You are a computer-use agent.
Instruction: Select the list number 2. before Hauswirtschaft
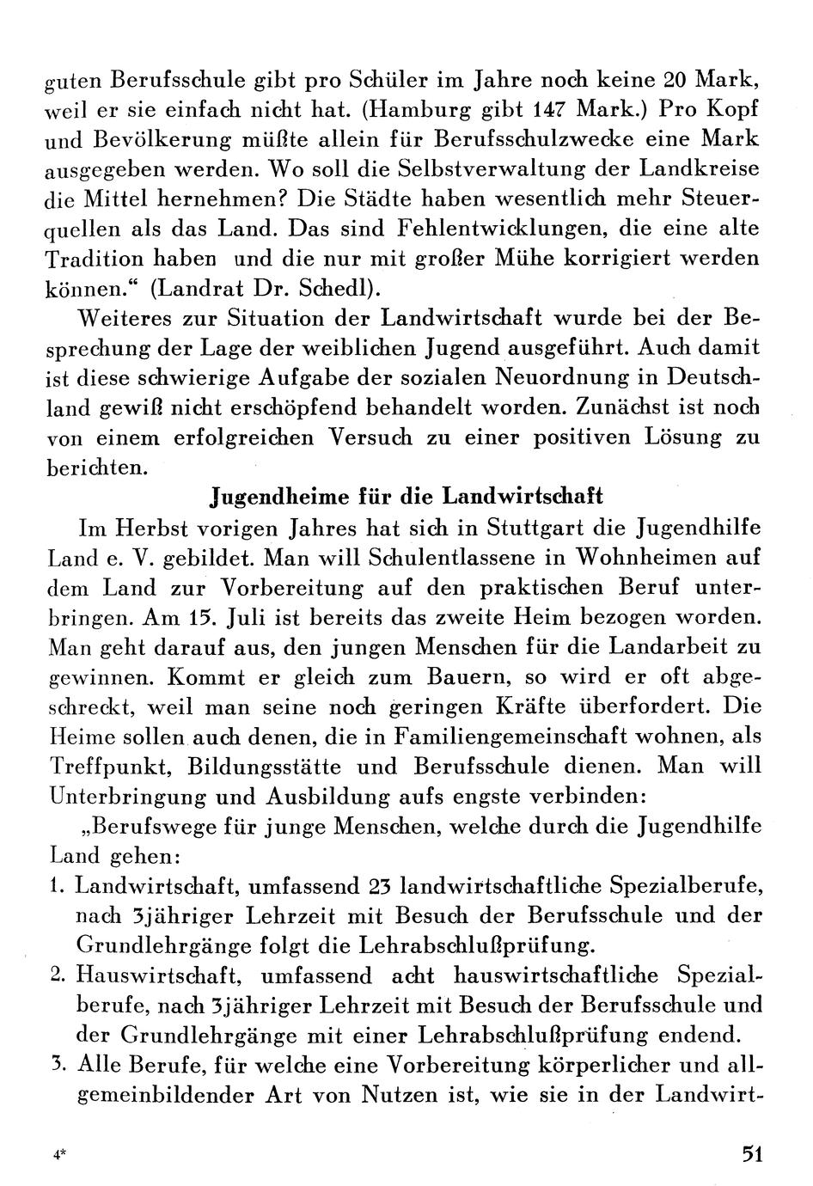tap(58, 975)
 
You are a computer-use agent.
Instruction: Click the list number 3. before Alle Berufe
tap(58, 1064)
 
